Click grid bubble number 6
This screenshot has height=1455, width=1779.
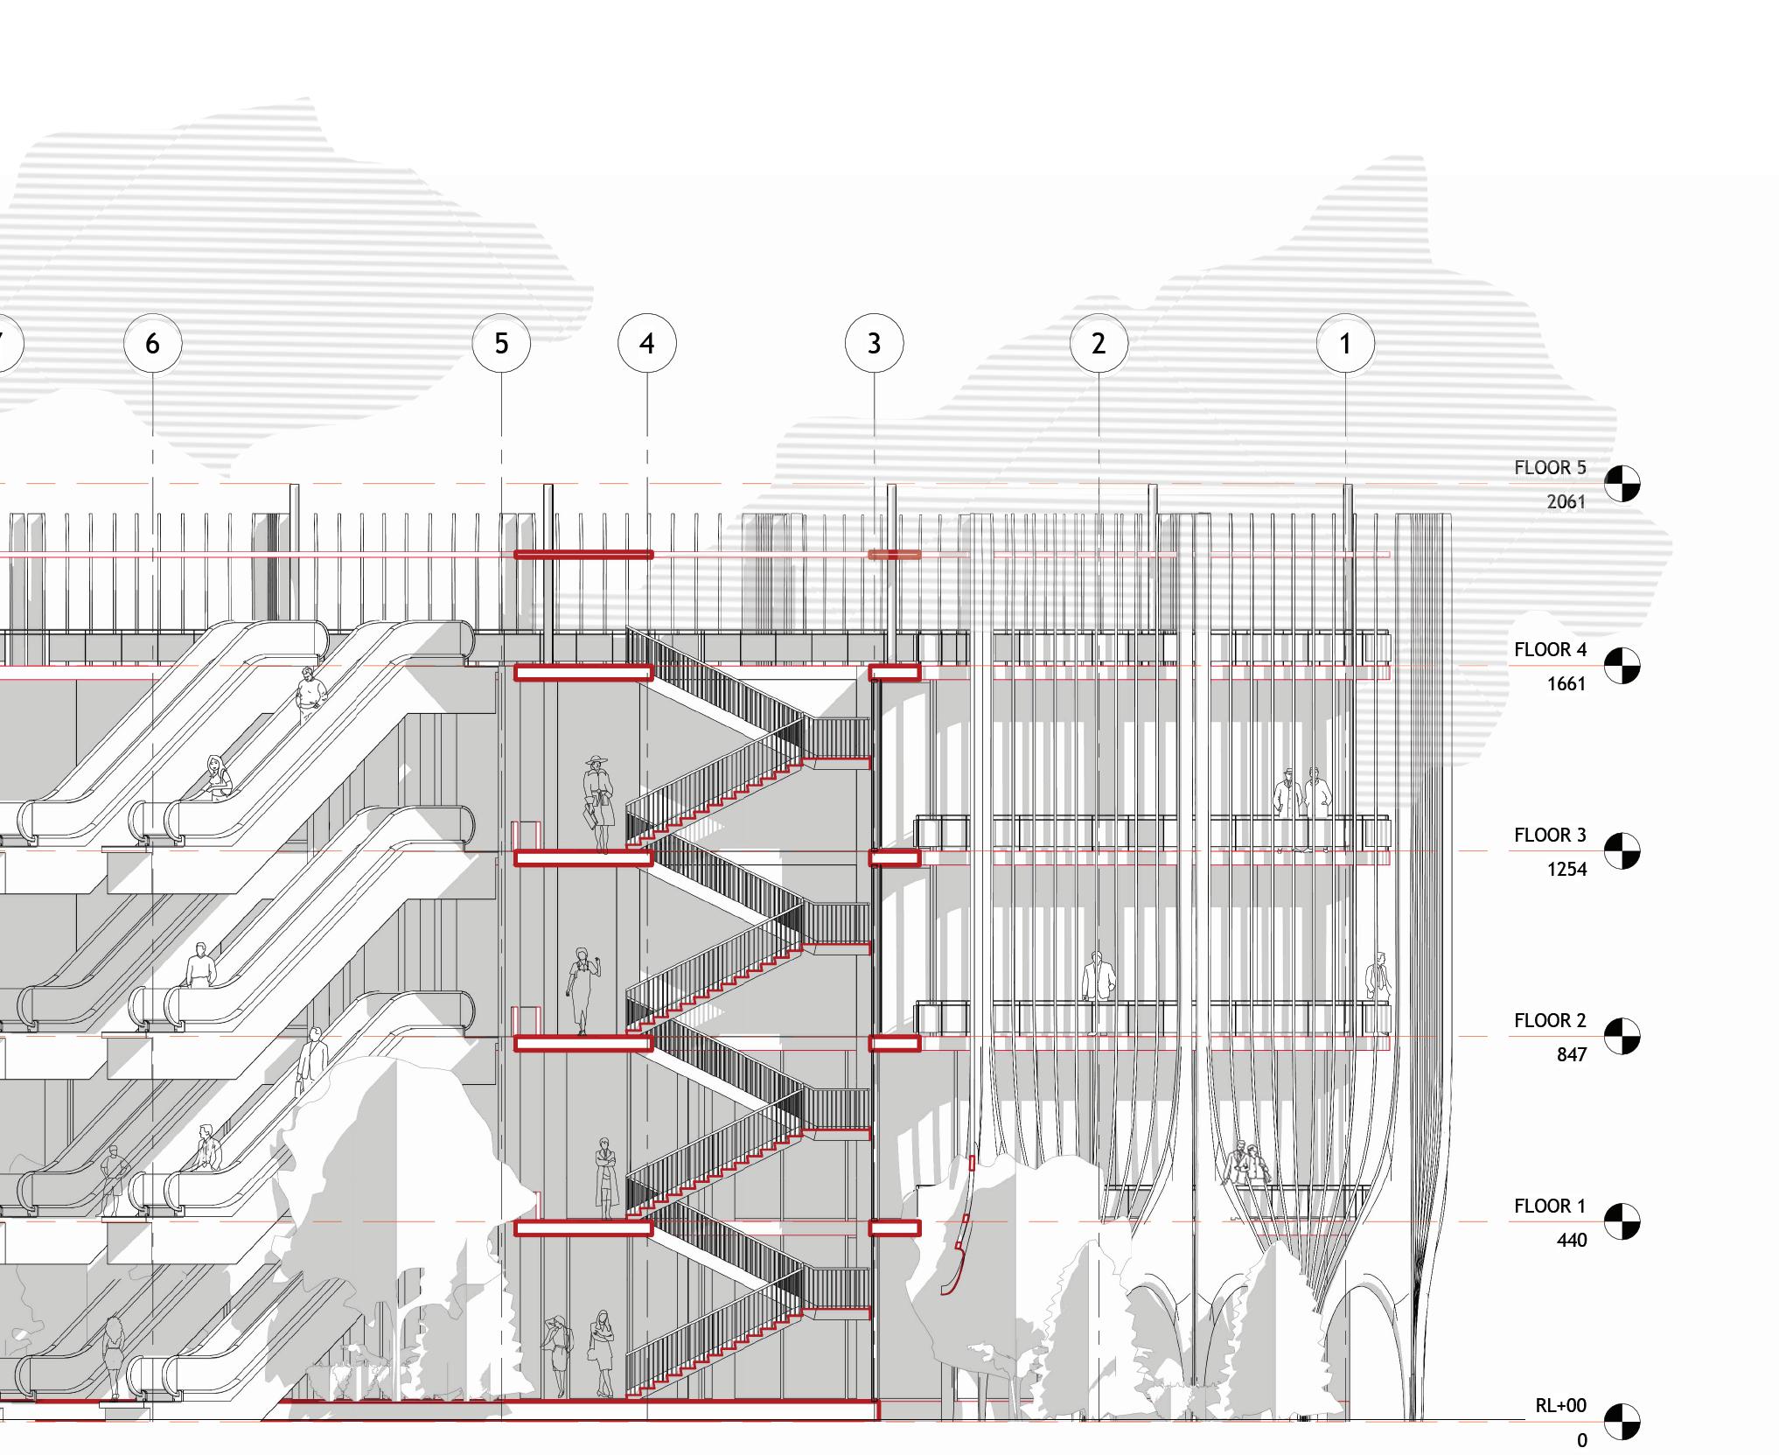153,344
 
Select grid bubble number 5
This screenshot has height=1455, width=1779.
501,344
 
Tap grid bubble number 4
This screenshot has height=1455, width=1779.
647,344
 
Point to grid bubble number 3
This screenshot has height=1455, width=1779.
875,344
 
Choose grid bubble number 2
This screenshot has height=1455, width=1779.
1099,344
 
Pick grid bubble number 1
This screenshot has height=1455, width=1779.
1345,344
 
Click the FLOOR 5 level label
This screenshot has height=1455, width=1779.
1550,468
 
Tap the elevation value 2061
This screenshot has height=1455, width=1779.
1566,502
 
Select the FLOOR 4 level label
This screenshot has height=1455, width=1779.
1550,650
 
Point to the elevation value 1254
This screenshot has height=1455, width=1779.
1566,870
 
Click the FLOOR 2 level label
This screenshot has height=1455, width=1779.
1550,1021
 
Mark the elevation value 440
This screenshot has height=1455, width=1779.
1571,1241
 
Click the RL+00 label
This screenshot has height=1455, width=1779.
1560,1406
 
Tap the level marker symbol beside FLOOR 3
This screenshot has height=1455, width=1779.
1622,851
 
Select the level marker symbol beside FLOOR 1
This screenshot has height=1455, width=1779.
1622,1222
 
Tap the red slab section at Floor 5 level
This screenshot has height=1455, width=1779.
583,555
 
